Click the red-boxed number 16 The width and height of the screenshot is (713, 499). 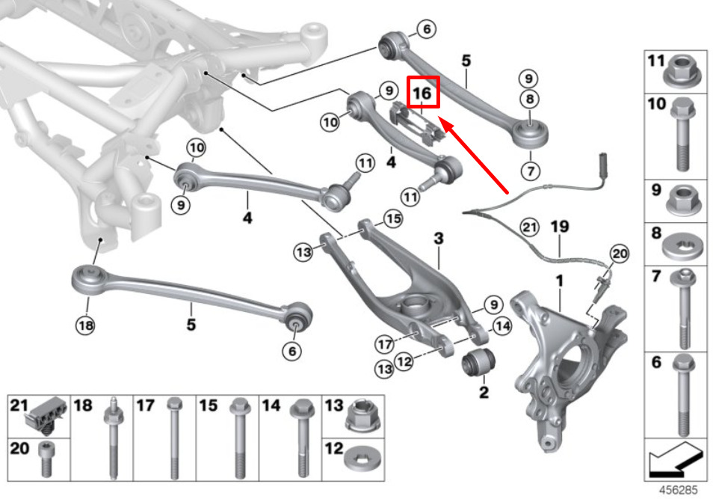(422, 93)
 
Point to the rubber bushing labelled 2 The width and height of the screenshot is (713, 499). (478, 363)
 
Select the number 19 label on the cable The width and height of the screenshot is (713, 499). (559, 225)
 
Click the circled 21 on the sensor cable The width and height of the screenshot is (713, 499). (528, 225)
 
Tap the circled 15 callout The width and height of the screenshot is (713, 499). (393, 219)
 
